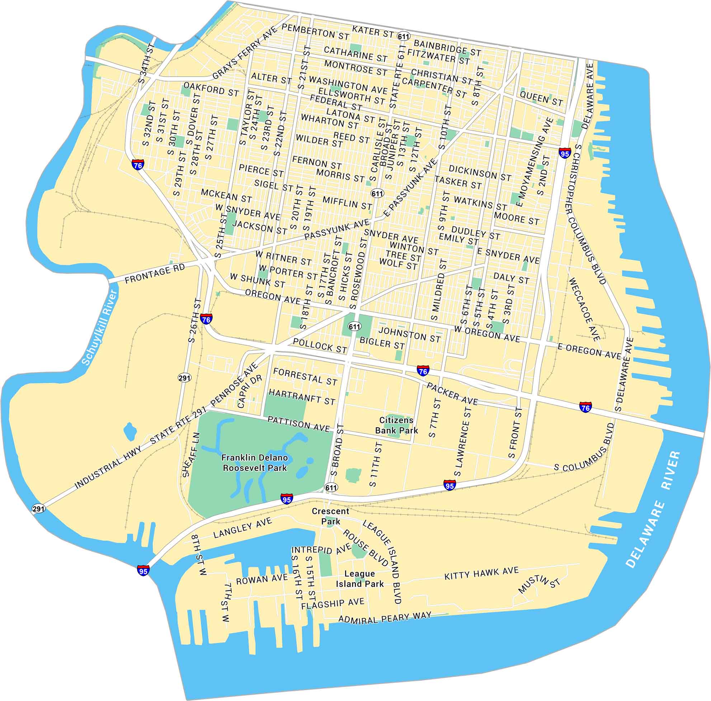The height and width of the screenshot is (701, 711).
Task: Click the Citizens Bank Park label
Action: [396, 425]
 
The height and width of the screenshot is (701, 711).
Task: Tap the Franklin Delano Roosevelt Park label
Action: [255, 462]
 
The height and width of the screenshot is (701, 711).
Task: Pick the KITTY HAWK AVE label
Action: [481, 573]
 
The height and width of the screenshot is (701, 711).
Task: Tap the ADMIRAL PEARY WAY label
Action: [385, 618]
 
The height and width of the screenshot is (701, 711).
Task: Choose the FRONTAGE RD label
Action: [155, 274]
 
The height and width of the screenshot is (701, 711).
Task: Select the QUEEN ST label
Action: [541, 99]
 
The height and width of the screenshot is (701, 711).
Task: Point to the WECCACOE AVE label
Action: [584, 309]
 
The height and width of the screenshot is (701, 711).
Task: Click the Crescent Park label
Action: [330, 516]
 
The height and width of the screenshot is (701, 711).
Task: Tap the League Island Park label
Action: [359, 579]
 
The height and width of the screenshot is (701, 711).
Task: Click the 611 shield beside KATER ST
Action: [403, 37]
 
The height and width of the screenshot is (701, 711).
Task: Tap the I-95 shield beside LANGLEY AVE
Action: [143, 570]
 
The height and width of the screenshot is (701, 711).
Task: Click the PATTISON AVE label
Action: [298, 424]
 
